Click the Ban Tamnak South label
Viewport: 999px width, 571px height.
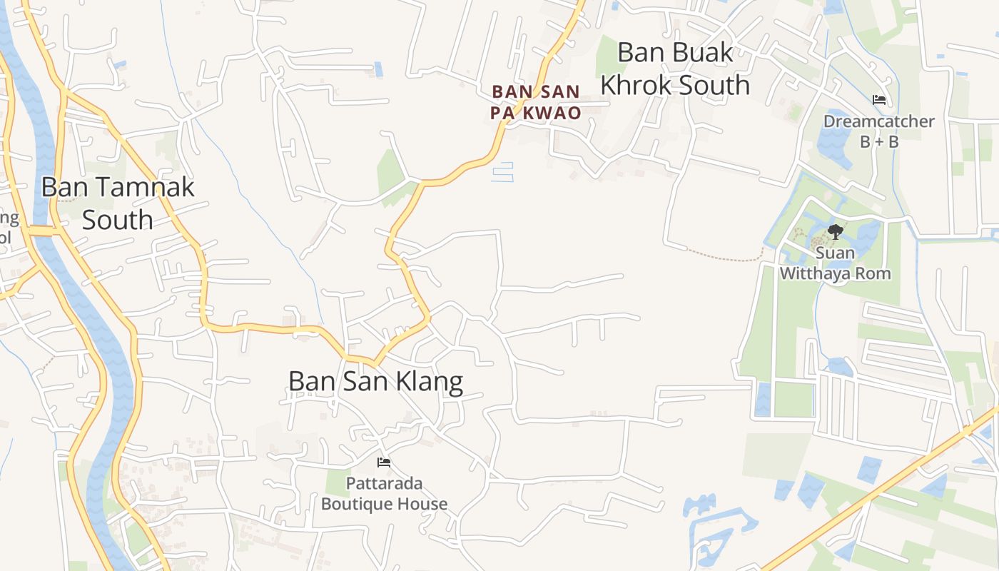click(118, 203)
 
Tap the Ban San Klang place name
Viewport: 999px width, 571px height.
click(375, 381)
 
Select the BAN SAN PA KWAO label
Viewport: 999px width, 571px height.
click(536, 102)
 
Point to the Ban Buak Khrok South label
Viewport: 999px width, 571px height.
click(675, 69)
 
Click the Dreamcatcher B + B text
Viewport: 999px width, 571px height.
click(878, 131)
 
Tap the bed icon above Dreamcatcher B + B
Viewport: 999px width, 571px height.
click(878, 100)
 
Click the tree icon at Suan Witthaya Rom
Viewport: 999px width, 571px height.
click(835, 231)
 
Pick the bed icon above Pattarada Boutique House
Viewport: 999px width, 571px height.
click(384, 463)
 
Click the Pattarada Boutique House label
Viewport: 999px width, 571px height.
click(384, 493)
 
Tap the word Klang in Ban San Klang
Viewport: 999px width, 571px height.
click(430, 381)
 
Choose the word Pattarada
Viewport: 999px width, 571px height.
click(384, 483)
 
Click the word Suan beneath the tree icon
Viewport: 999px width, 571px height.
click(835, 253)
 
